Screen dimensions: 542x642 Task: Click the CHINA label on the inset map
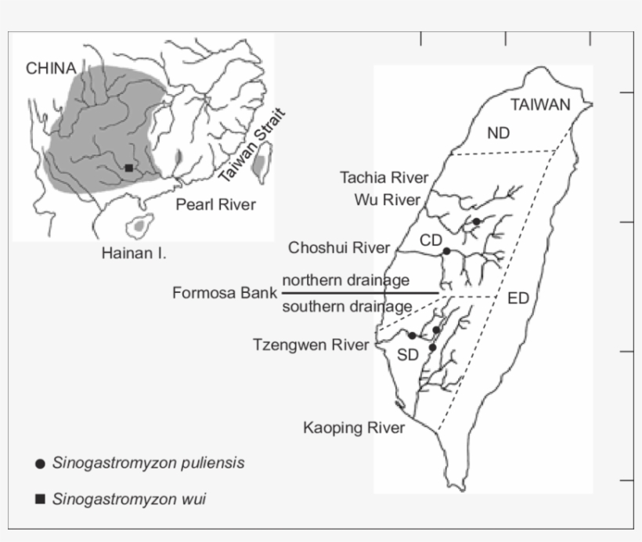[52, 68]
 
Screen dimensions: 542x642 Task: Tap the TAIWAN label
[540, 106]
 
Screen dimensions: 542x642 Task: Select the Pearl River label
[215, 205]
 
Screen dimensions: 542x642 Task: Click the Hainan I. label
[134, 253]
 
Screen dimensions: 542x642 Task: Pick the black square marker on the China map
[128, 168]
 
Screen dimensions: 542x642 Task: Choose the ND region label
[498, 133]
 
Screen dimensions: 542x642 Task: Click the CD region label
[431, 240]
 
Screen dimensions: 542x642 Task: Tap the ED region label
[518, 298]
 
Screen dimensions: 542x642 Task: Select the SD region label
[408, 355]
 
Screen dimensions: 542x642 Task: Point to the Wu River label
[388, 200]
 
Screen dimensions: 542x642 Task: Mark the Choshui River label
[339, 248]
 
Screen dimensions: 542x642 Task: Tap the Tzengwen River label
[311, 345]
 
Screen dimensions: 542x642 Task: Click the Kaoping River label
[354, 428]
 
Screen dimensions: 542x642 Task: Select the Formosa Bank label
[224, 293]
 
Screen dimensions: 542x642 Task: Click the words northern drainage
[345, 280]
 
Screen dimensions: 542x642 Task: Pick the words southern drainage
[347, 306]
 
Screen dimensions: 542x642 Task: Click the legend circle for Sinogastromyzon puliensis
[40, 464]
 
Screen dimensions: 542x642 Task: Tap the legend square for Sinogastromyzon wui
[40, 499]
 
